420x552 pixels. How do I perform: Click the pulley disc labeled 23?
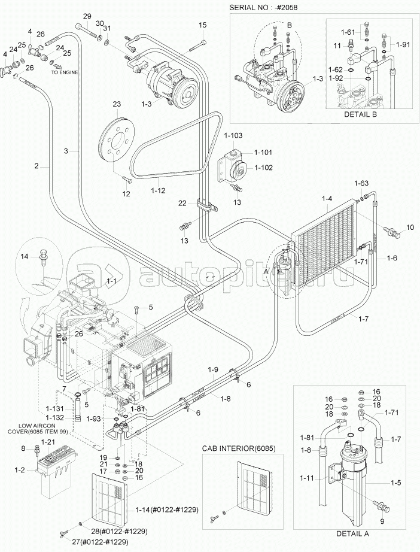(117, 140)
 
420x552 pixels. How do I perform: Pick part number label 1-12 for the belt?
(158, 190)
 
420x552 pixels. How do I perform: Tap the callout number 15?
(202, 25)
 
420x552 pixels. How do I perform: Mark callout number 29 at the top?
(87, 16)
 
